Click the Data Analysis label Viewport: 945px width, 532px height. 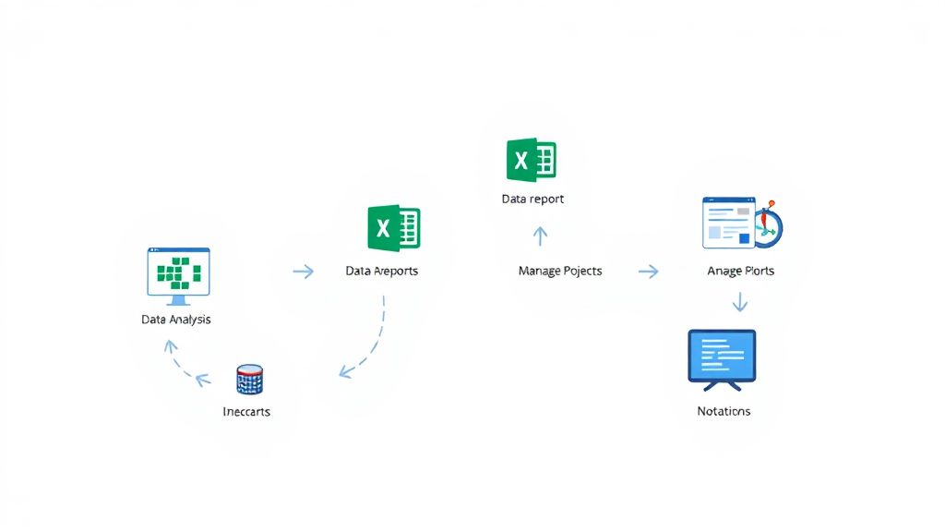point(175,320)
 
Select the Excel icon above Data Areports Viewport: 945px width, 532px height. point(394,228)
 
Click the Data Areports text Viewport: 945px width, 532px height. point(381,272)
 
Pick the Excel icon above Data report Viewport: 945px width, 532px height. point(531,160)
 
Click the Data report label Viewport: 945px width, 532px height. point(532,199)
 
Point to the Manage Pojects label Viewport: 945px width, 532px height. point(560,271)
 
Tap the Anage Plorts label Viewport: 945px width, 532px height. point(740,271)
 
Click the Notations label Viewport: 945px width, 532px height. point(724,411)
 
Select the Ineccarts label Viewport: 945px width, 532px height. point(246,411)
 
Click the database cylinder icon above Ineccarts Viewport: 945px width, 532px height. point(249,379)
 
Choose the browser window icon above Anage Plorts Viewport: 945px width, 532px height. point(729,222)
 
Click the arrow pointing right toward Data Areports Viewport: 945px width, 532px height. point(303,272)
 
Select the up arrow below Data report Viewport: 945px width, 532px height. point(541,236)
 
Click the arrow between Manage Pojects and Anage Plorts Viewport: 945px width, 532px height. point(649,272)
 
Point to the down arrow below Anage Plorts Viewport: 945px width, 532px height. point(739,302)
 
